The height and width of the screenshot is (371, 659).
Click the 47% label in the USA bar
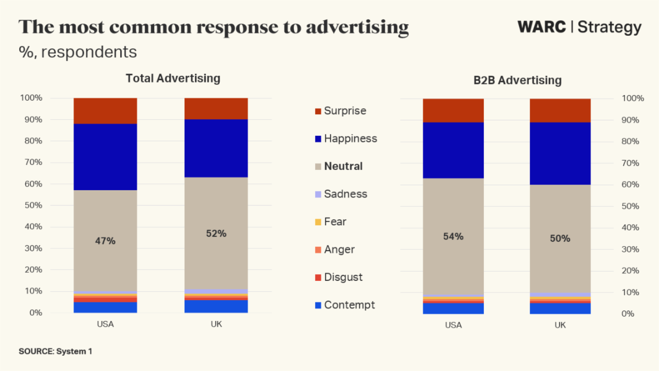point(105,241)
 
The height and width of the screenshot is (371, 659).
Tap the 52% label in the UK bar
point(216,234)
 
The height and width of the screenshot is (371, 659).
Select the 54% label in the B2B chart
point(453,237)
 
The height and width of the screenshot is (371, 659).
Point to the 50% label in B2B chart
point(560,239)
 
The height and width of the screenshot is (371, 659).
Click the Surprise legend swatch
point(317,111)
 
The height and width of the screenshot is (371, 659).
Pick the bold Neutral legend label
point(343,166)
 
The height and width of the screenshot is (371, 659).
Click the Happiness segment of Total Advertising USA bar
point(105,157)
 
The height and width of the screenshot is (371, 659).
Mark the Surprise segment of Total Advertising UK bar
point(216,108)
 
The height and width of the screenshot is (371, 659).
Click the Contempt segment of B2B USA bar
point(453,308)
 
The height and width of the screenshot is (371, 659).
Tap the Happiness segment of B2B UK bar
point(560,153)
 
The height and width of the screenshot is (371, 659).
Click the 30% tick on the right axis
point(633,249)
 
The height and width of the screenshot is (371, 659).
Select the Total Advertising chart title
point(173,78)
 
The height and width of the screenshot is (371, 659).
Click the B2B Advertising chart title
point(517,80)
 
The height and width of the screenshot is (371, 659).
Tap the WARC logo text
point(541,27)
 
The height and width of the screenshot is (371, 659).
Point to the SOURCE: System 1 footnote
point(55,351)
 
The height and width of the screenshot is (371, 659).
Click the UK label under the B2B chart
point(560,325)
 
